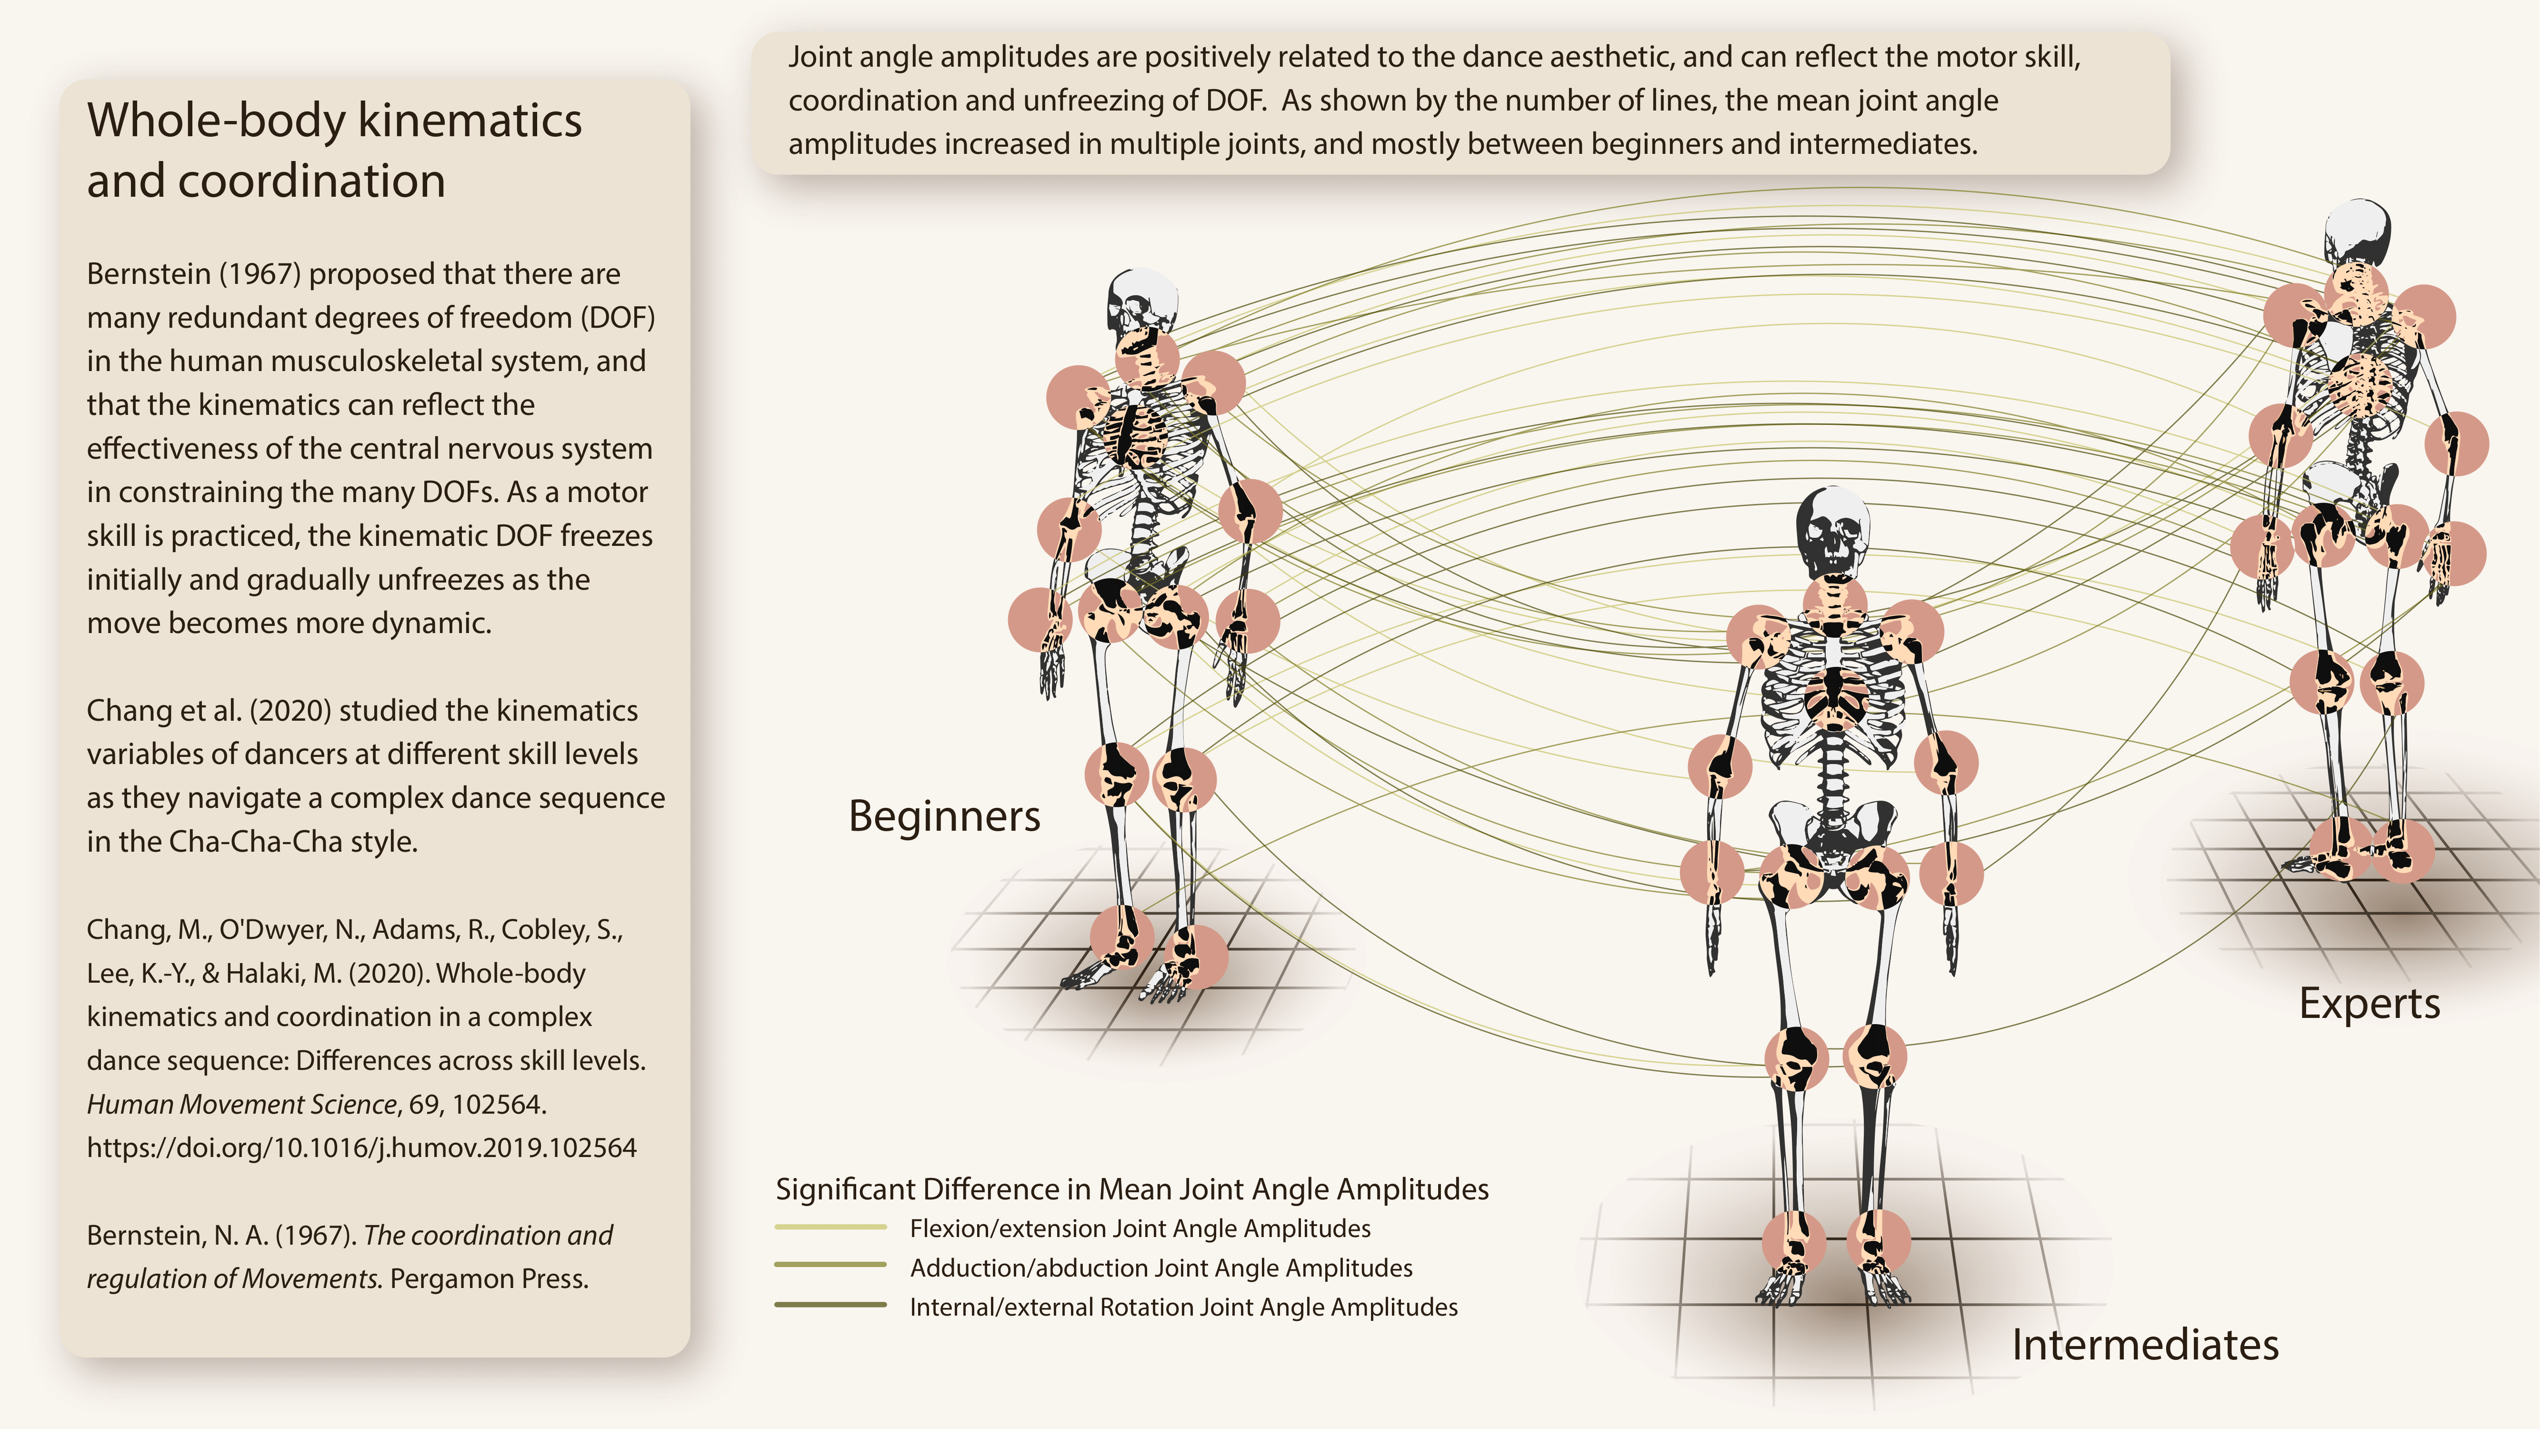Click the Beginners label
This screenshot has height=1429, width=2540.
click(x=944, y=816)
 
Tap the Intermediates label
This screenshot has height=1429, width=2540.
click(x=2145, y=1345)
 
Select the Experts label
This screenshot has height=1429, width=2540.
click(x=2370, y=1004)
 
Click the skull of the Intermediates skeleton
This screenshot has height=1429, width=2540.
click(x=1832, y=533)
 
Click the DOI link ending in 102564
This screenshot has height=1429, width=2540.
click(x=361, y=1148)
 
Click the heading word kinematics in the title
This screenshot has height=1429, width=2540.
click(x=470, y=121)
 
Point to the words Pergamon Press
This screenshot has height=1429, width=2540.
click(x=489, y=1279)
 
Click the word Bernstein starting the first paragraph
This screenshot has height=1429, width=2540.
click(x=148, y=274)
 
